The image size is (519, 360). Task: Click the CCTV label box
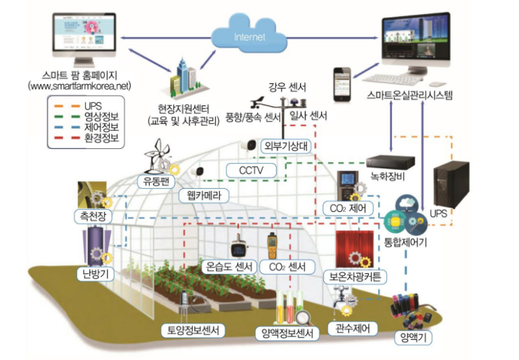[250, 170]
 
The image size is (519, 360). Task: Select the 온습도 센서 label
[227, 266]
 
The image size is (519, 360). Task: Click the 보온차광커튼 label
[356, 277]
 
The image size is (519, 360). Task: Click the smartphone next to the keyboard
[342, 82]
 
